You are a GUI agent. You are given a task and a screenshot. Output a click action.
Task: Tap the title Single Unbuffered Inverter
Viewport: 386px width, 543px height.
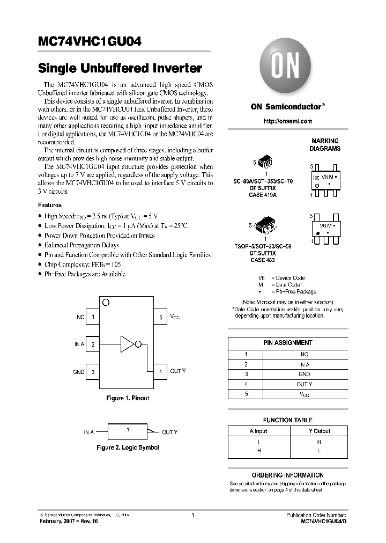point(120,69)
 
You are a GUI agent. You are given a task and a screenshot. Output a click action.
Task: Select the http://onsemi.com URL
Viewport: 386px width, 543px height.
point(288,121)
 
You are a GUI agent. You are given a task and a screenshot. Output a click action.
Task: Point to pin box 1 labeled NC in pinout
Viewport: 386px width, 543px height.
point(93,317)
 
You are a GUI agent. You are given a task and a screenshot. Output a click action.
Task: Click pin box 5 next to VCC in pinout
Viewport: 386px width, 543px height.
point(160,317)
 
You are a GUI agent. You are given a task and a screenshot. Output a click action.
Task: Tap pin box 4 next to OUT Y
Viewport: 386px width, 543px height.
point(160,371)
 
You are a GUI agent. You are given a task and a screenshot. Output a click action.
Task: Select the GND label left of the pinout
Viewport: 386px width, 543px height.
point(78,372)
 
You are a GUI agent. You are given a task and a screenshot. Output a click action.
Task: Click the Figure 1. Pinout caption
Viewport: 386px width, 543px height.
point(127,398)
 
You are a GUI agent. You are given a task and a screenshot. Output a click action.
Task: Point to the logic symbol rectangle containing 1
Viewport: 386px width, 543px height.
point(127,431)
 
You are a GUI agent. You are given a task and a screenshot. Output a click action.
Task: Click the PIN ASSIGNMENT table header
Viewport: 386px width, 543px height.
point(288,342)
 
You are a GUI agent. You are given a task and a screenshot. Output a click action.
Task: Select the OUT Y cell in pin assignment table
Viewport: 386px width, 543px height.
point(304,384)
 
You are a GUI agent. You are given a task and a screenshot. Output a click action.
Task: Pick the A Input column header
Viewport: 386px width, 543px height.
point(258,431)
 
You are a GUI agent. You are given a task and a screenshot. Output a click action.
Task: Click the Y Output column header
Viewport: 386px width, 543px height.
point(319,431)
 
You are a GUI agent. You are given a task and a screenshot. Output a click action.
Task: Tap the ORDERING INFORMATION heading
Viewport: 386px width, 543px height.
point(288,475)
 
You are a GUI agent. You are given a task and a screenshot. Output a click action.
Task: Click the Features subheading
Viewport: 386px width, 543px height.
point(49,205)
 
